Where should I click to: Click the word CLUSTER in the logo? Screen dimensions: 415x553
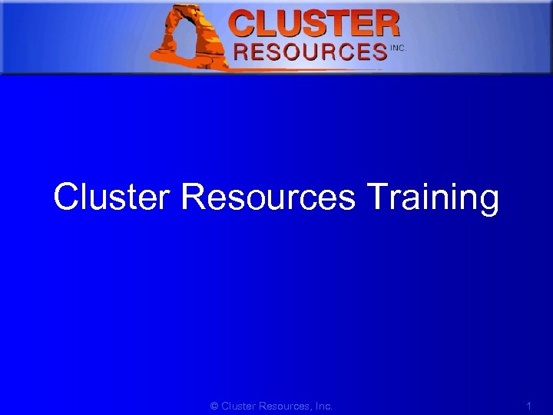(315, 24)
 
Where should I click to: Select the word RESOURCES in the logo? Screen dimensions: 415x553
(310, 52)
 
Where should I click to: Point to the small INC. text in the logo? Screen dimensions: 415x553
(398, 48)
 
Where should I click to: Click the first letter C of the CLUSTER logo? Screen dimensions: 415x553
(244, 24)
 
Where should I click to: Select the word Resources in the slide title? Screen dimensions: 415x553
(269, 198)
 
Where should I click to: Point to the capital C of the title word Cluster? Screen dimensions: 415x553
(66, 198)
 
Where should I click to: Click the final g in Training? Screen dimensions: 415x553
(488, 202)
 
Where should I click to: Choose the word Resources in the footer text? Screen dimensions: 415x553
(283, 406)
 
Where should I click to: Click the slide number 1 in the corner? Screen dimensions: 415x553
(528, 405)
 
